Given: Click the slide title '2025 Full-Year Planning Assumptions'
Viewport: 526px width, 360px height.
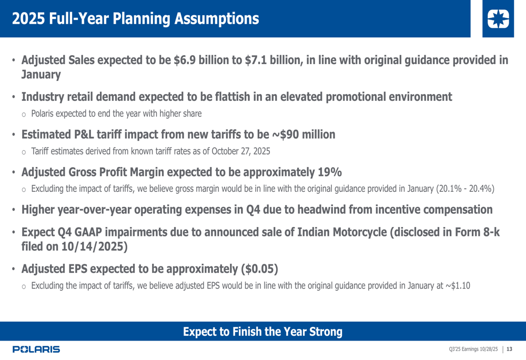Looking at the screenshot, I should point(135,19).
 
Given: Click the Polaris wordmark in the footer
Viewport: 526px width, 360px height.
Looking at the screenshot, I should point(36,349).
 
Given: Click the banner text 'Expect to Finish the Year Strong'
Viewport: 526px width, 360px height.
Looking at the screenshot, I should point(262,332).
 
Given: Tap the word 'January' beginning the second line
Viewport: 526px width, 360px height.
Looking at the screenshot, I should point(41,75).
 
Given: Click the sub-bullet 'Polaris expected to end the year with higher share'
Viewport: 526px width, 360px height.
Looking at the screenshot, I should point(116,114).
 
